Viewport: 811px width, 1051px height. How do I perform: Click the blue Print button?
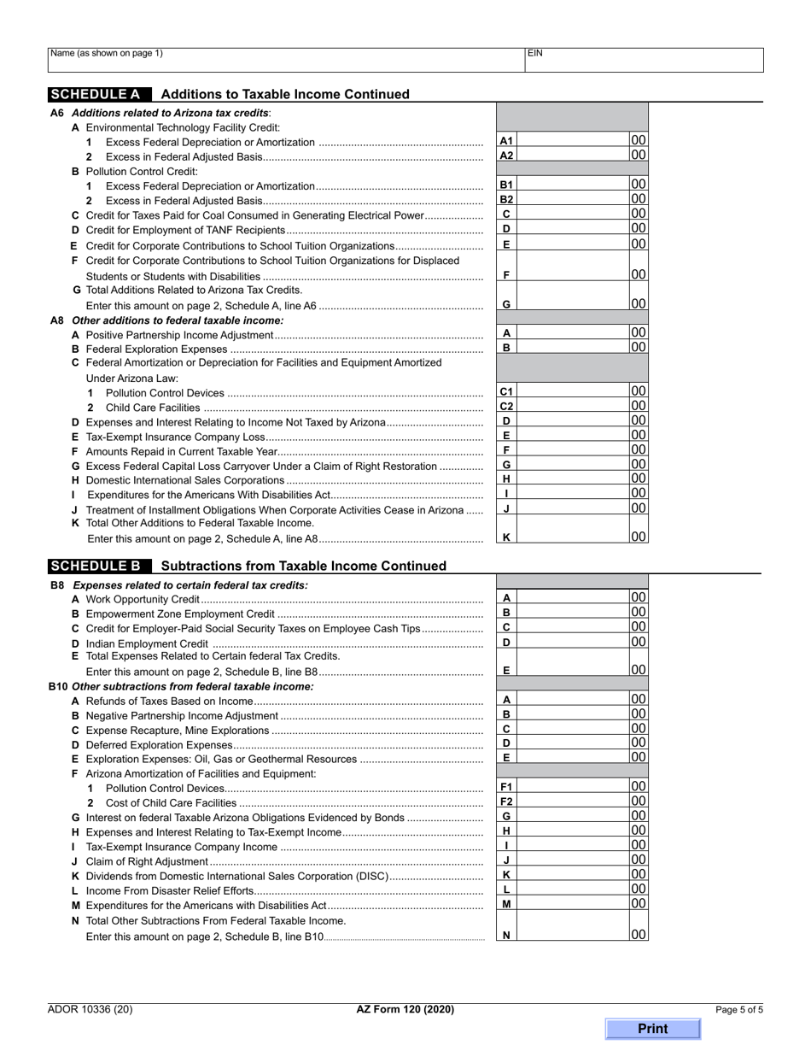652,1029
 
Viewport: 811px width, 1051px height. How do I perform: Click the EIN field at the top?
644,59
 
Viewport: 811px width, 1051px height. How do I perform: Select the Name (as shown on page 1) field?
285,59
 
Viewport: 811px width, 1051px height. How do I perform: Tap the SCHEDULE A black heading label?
99,94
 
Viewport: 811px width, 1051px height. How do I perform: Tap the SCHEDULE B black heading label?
99,566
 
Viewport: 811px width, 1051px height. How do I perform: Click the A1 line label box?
506,141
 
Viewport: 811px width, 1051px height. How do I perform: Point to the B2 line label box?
506,199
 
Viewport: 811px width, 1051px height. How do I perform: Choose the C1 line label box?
506,392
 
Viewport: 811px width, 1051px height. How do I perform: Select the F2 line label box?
506,801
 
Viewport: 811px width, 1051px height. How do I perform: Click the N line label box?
506,936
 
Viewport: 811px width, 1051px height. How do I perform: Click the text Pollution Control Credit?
142,171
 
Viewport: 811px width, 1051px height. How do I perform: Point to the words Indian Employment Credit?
147,643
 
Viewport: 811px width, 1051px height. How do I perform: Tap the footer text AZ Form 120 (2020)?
405,1009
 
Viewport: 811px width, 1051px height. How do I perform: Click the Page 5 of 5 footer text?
739,1009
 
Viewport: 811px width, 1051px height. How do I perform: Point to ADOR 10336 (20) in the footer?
90,1009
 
